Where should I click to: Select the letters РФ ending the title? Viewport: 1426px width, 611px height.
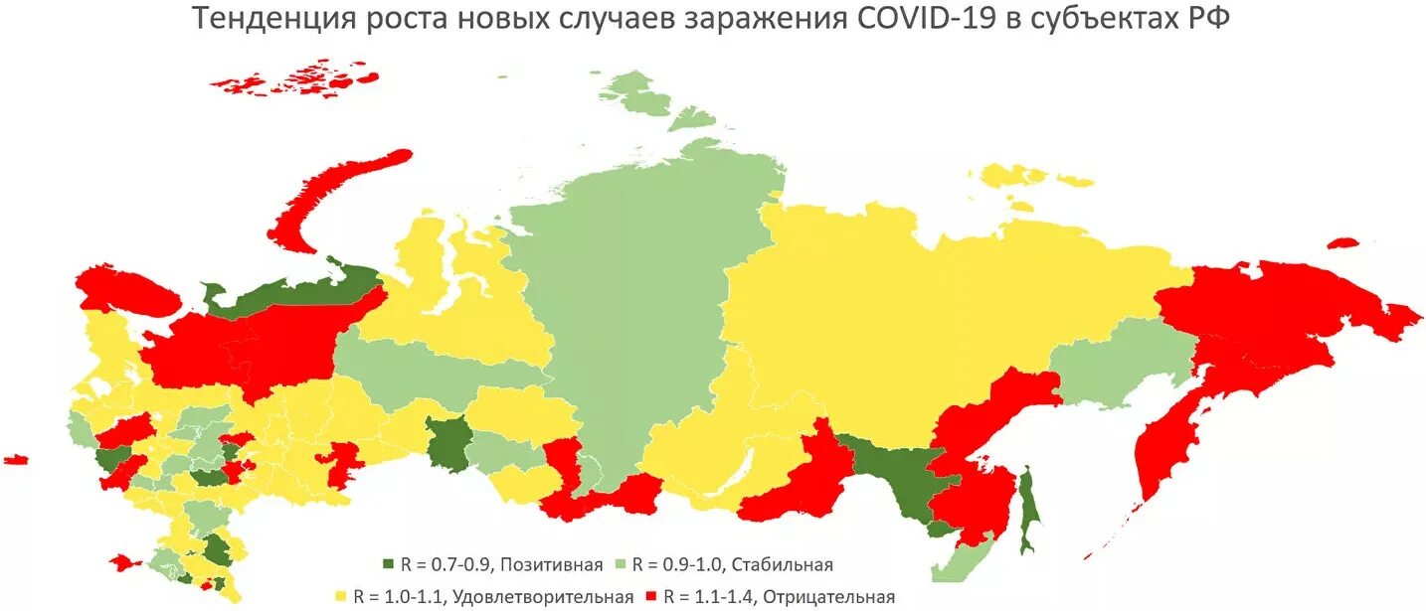point(1207,20)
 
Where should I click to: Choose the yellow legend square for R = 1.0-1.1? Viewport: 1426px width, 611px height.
point(342,597)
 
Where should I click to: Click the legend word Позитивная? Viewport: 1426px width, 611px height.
point(551,566)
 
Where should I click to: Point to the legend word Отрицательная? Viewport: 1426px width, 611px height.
point(837,597)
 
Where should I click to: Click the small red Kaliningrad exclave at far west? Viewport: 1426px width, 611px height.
point(15,459)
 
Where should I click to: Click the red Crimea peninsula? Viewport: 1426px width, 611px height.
point(122,562)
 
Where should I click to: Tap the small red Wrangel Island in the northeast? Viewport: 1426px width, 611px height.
point(1342,243)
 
